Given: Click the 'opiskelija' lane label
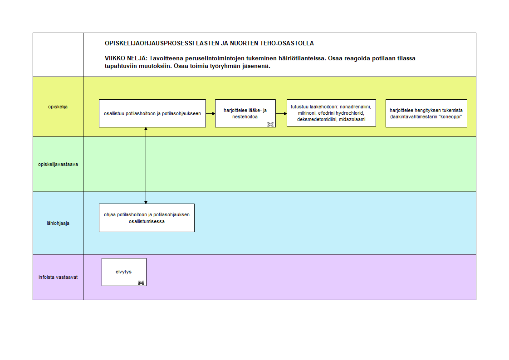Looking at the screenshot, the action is tap(58, 107).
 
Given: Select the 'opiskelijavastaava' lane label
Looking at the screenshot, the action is tap(58, 164).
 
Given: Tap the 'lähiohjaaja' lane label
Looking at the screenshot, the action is tap(58, 223).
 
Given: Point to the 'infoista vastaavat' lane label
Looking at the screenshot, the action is tap(58, 277).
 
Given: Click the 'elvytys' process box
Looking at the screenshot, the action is tap(124, 272).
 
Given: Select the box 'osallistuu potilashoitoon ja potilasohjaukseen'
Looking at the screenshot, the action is tap(152, 113).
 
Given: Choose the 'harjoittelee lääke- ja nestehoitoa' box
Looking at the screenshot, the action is tap(245, 113).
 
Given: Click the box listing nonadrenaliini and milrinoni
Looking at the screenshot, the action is tap(332, 113).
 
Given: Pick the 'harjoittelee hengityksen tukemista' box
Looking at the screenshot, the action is tap(426, 113).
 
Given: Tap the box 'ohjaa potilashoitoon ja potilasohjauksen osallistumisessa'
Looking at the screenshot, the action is tap(147, 218).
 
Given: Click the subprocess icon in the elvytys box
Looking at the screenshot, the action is tap(141, 283).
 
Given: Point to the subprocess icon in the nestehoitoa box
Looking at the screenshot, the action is tap(270, 124).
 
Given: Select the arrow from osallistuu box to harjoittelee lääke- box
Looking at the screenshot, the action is tap(210, 113).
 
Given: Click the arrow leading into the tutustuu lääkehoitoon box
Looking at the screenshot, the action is tap(281, 113).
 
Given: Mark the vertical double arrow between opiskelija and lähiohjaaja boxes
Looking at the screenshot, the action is tap(146, 165).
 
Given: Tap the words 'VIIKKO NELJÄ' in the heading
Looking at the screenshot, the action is tap(126, 58).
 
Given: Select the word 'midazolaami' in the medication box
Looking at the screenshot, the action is tap(352, 119).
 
